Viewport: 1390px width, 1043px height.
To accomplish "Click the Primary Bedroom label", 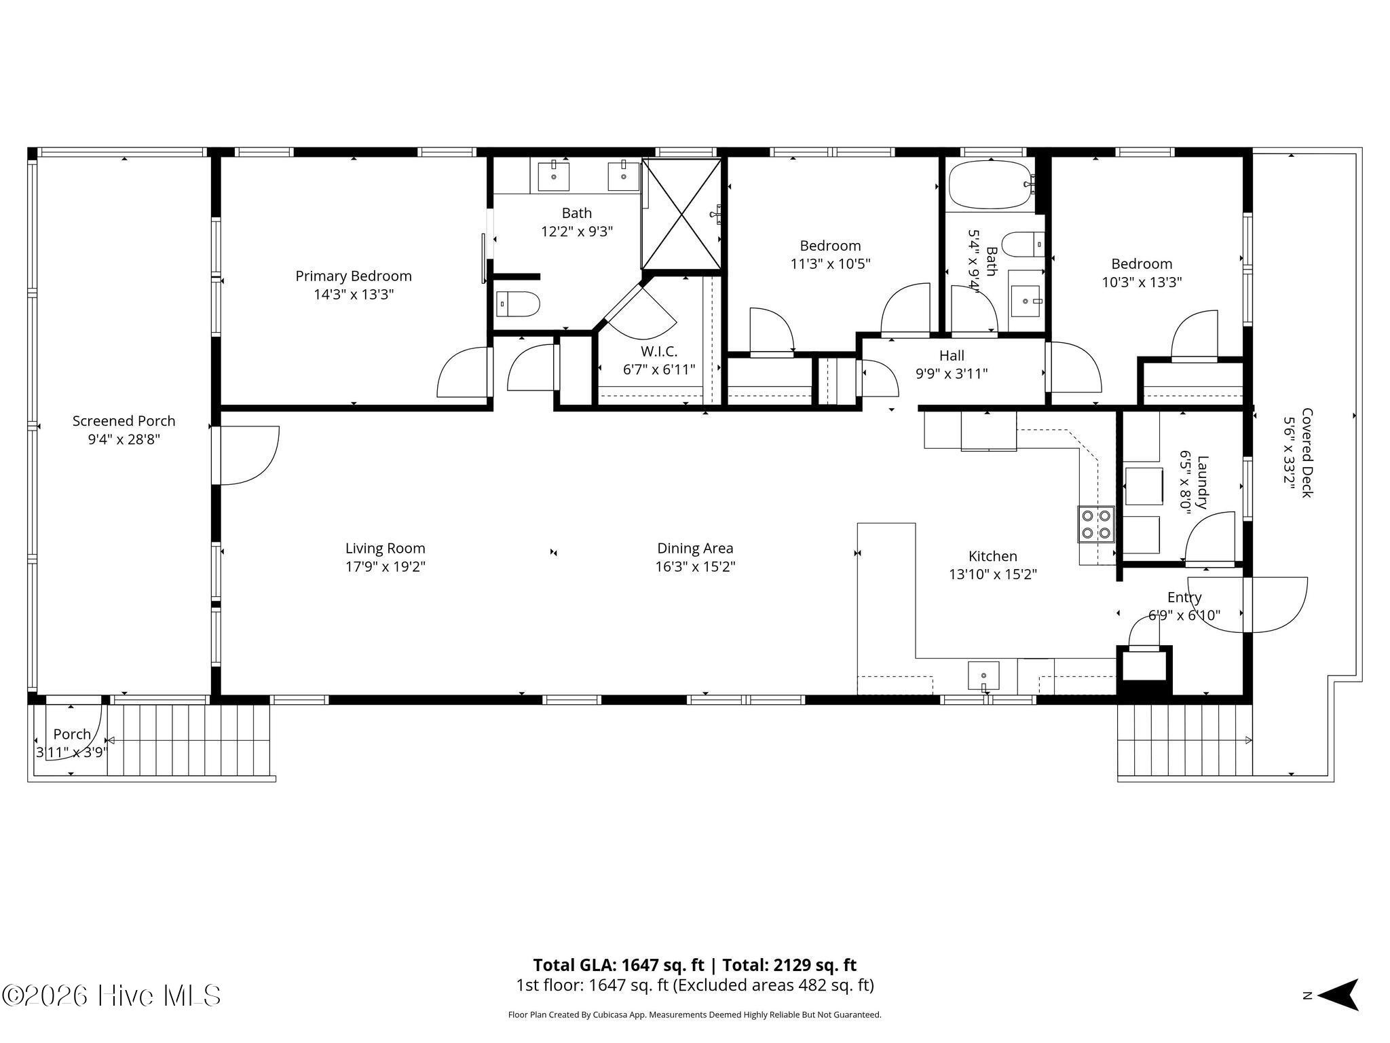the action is tap(354, 276).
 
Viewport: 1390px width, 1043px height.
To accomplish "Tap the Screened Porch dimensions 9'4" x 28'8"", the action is tap(124, 439).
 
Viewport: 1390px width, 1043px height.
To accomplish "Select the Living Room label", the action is tap(386, 548).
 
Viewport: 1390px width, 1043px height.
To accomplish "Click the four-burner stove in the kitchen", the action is tap(1096, 524).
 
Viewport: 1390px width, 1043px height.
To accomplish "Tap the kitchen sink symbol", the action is tap(983, 676).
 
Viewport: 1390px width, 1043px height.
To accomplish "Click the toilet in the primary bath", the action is tap(519, 304).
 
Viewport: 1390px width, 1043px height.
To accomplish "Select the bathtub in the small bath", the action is tap(992, 183).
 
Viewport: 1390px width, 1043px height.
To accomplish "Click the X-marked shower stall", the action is tap(681, 214).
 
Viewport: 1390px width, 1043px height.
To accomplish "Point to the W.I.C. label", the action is tap(659, 352).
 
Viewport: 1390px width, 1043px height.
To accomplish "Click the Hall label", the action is tap(952, 355).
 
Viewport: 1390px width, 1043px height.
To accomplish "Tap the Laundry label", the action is tap(1202, 482).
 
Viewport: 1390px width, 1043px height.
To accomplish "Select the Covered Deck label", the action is tap(1307, 453).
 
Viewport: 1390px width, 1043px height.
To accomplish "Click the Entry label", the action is tap(1184, 598).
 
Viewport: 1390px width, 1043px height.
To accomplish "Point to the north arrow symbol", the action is tap(1337, 995).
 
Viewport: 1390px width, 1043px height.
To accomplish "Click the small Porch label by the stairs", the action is tap(72, 734).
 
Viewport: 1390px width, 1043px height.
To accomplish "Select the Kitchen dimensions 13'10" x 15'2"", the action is tap(993, 574).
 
